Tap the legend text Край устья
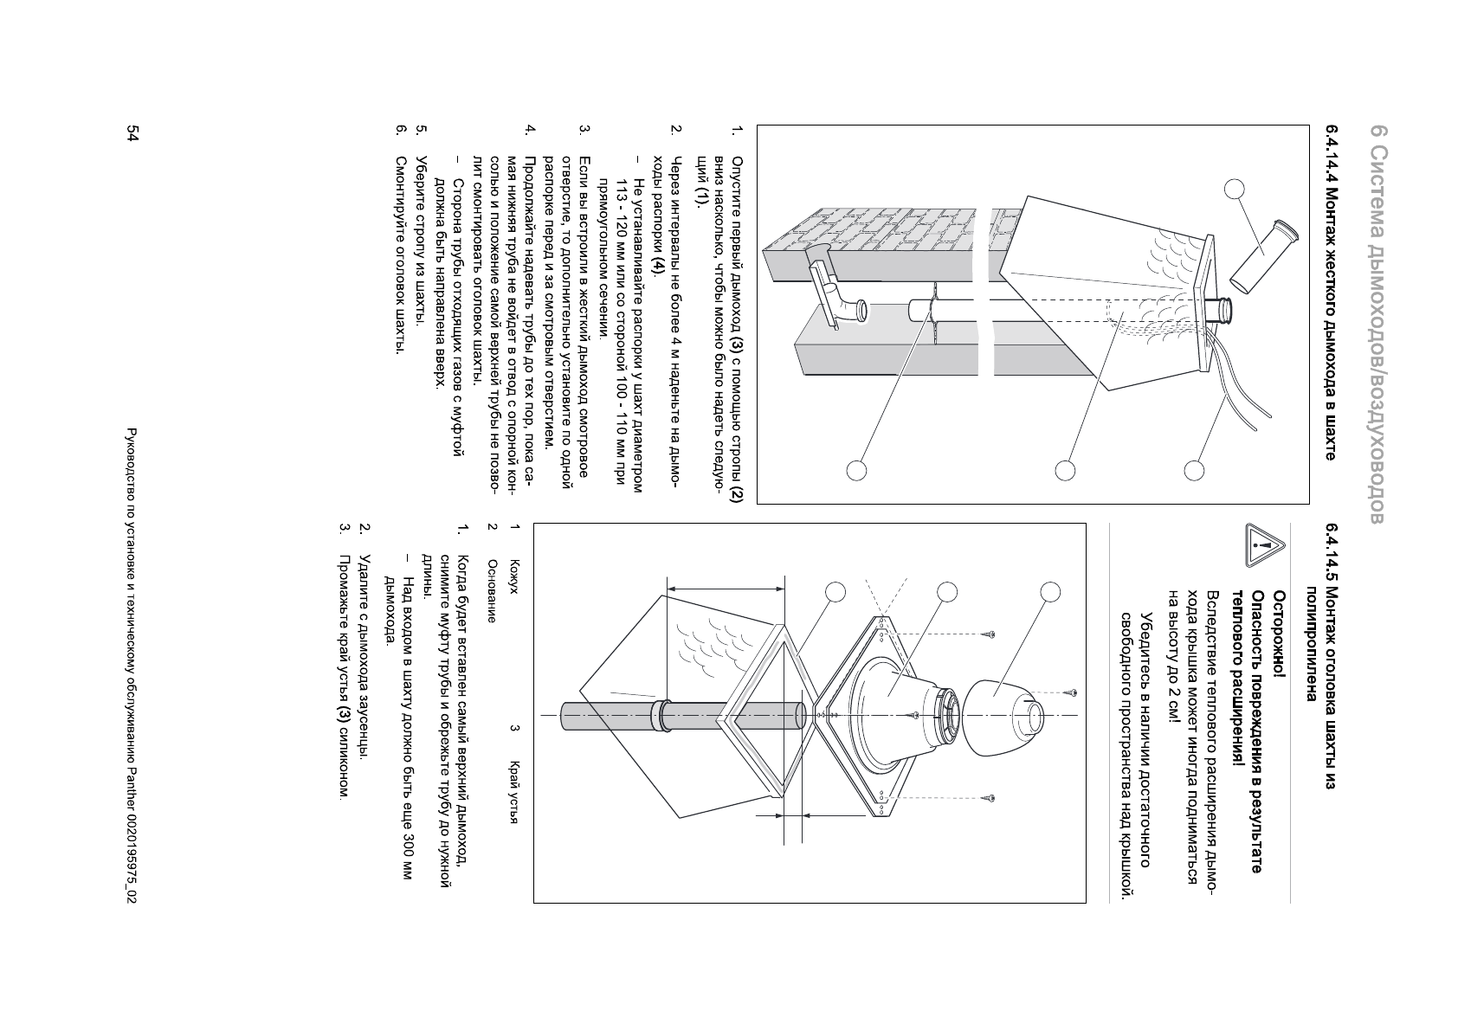[x=513, y=793]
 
